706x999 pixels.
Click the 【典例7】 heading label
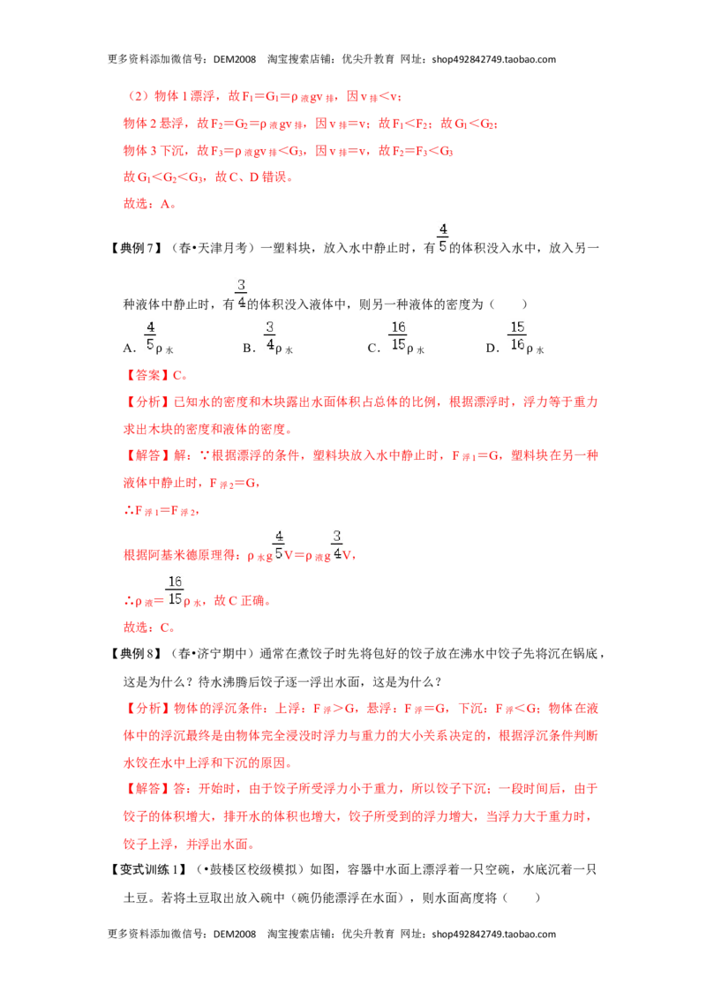tap(135, 248)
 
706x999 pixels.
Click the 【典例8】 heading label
tap(135, 654)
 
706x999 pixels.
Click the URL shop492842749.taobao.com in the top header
tap(494, 59)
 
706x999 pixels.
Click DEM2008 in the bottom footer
tap(235, 934)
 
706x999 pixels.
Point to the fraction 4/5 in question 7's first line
tap(443, 237)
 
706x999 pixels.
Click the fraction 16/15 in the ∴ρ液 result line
tap(175, 590)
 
